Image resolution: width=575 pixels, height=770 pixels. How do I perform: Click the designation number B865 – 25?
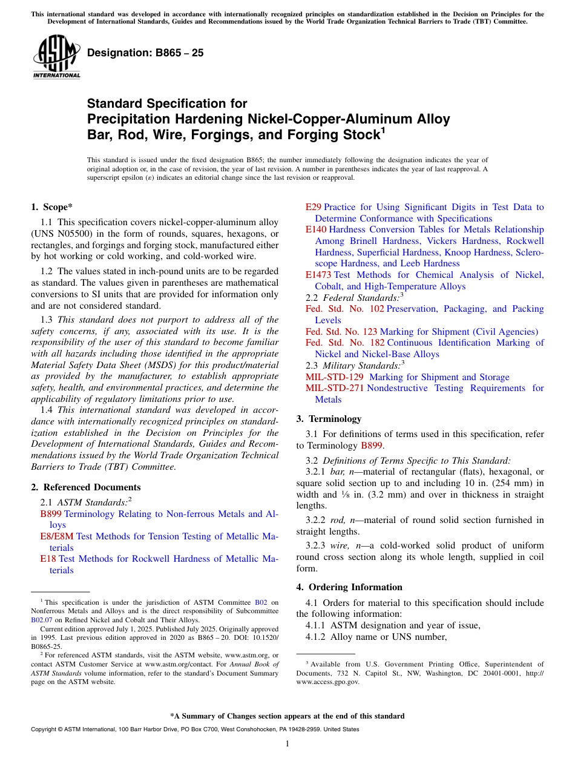(x=145, y=53)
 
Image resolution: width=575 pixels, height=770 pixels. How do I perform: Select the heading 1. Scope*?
(x=52, y=206)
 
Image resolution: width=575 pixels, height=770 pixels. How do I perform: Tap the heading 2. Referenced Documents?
(x=85, y=487)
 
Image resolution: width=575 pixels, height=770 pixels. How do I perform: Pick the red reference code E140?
(x=316, y=229)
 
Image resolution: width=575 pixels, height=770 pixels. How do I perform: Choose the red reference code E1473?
(x=318, y=275)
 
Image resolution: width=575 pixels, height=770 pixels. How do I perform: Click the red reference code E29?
(x=314, y=207)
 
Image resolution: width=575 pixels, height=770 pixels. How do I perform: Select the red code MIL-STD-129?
(x=335, y=377)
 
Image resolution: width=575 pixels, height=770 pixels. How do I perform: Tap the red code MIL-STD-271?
(x=335, y=388)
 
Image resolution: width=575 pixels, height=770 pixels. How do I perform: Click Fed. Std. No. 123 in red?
(x=341, y=332)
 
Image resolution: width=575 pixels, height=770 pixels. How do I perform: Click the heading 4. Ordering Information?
(x=349, y=587)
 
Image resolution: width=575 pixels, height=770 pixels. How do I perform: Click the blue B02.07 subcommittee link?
(x=42, y=620)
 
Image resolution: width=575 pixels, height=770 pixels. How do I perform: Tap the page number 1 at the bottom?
(x=287, y=743)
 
